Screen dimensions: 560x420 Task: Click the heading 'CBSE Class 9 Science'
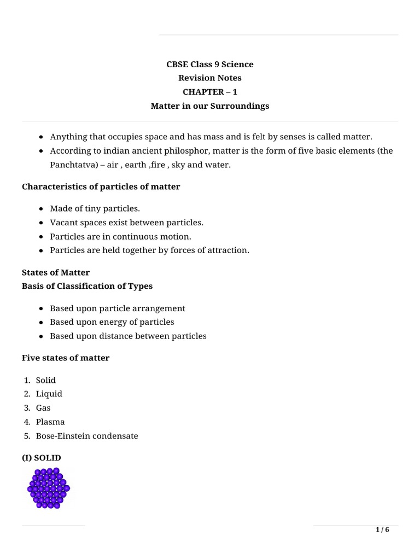(210, 65)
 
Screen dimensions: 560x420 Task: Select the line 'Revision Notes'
(210, 78)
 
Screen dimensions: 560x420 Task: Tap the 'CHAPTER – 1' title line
(210, 92)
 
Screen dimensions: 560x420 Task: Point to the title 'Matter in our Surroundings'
(210, 106)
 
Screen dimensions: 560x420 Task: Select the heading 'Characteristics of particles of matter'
(101, 187)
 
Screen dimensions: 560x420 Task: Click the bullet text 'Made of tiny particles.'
(95, 209)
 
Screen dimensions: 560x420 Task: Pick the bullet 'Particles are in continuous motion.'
(120, 237)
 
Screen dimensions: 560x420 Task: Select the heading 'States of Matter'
(56, 272)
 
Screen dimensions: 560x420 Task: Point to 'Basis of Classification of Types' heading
(87, 286)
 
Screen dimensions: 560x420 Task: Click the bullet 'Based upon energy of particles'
(112, 322)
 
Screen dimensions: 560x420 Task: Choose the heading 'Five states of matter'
(66, 358)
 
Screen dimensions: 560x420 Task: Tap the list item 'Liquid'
(49, 394)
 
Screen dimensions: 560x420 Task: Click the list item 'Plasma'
(50, 422)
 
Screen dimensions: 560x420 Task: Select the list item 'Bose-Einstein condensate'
(86, 436)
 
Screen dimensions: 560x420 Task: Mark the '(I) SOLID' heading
(42, 458)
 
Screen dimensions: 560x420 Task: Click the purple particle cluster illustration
(48, 488)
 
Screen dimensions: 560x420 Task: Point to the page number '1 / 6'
(382, 530)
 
